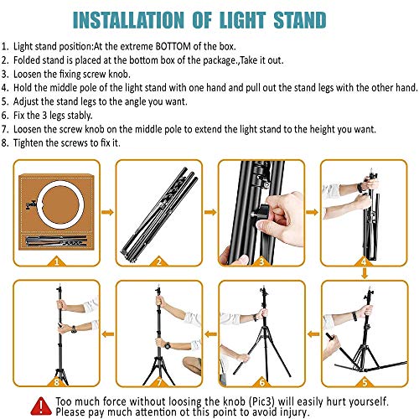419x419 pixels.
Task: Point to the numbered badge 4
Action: point(364,261)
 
